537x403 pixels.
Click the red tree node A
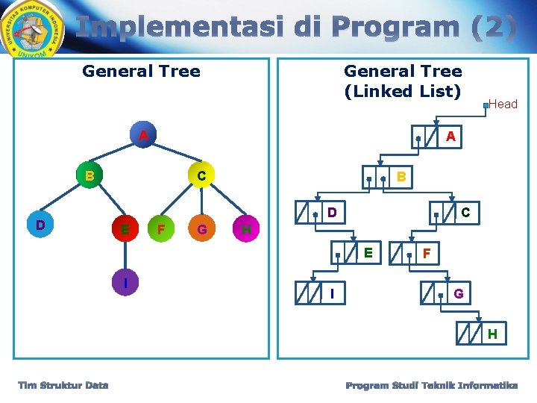142,136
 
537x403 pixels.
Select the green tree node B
89,176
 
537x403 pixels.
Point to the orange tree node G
201,228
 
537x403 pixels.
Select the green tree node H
246,228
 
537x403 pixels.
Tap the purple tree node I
125,284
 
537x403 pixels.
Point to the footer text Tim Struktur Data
63,385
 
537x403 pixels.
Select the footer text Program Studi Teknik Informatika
431,385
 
